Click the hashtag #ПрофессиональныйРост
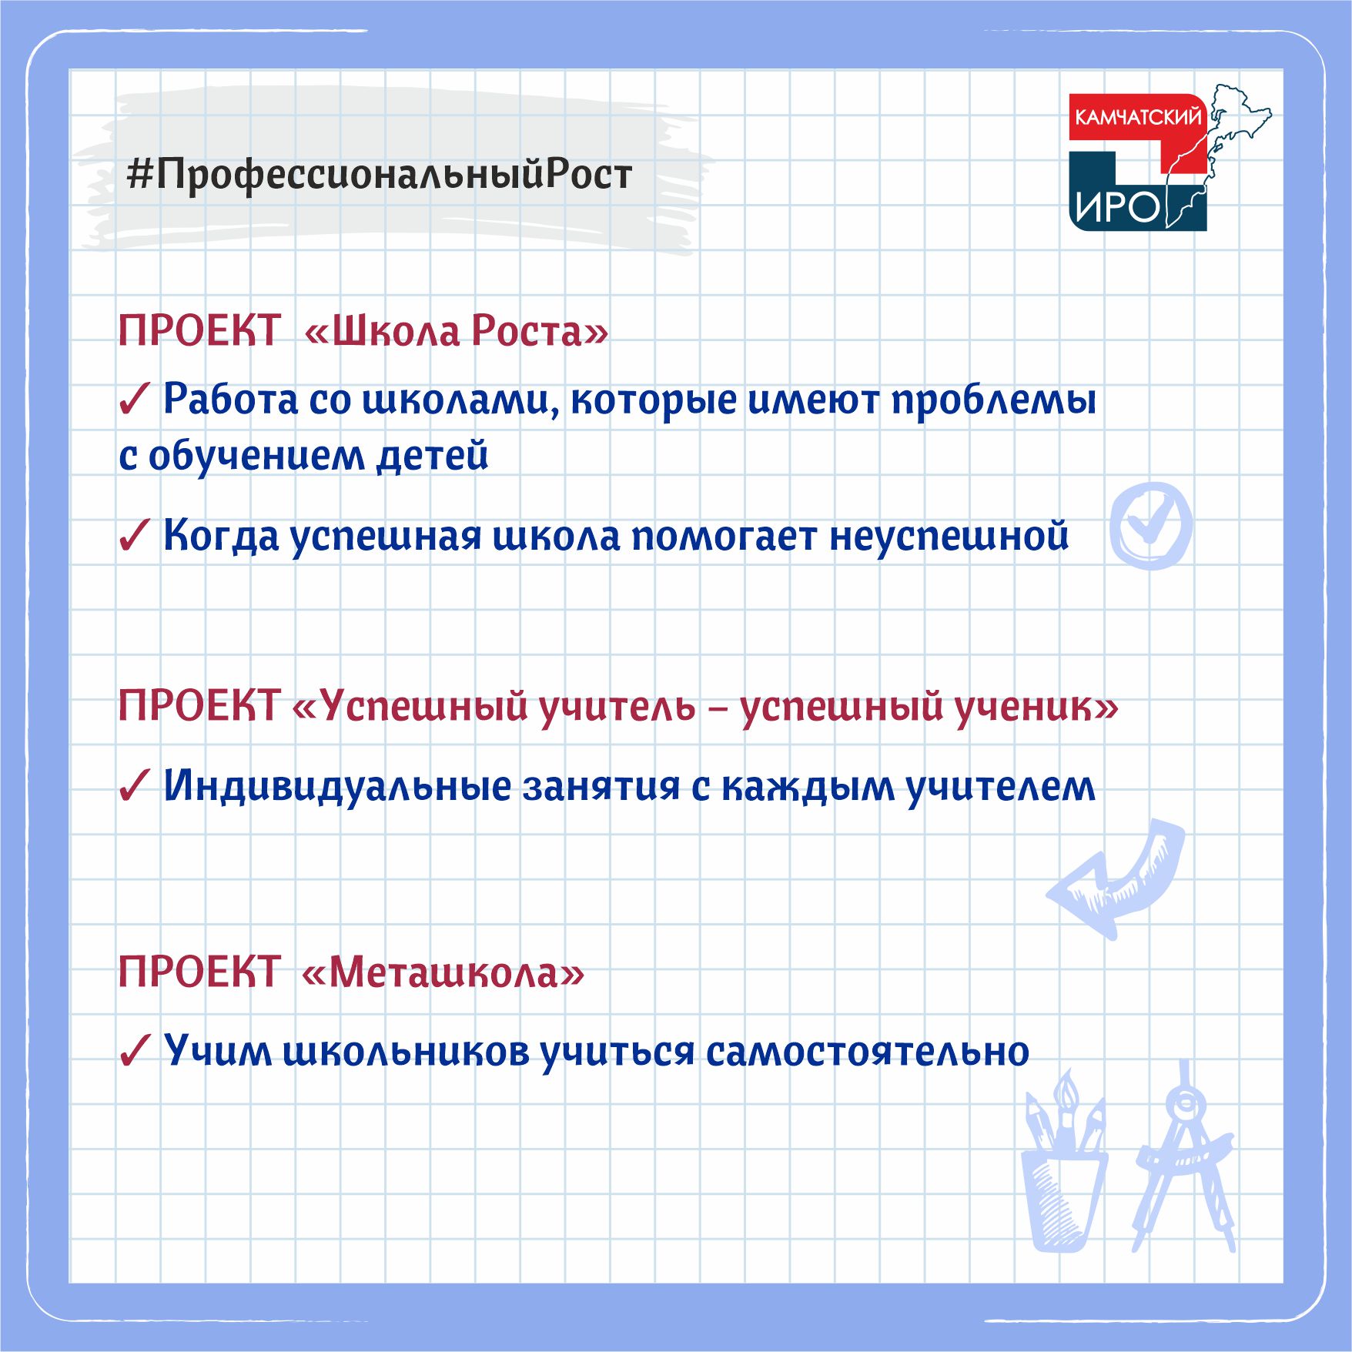[380, 175]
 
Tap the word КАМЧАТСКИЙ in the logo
[1138, 117]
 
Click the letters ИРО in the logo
[1117, 206]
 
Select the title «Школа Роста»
[457, 331]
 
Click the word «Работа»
[230, 399]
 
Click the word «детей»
[432, 456]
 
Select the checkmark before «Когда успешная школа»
[134, 536]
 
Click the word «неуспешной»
[949, 536]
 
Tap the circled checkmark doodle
[1151, 526]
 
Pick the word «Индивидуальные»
[337, 787]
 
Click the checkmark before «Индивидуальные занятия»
[134, 787]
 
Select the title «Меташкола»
[443, 972]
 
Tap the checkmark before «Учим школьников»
[134, 1052]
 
